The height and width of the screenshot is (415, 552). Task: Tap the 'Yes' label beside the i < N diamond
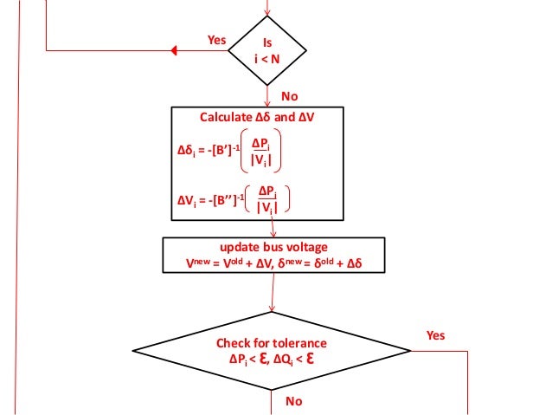pyautogui.click(x=217, y=40)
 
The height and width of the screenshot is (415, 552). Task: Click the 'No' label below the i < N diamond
pyautogui.click(x=290, y=95)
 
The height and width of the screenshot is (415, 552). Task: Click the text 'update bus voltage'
pyautogui.click(x=272, y=245)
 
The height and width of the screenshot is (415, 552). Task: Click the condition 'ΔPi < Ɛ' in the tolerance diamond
pyautogui.click(x=248, y=359)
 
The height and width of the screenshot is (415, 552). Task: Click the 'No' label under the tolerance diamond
pyautogui.click(x=294, y=401)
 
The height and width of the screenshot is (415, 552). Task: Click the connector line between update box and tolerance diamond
pyautogui.click(x=273, y=293)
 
